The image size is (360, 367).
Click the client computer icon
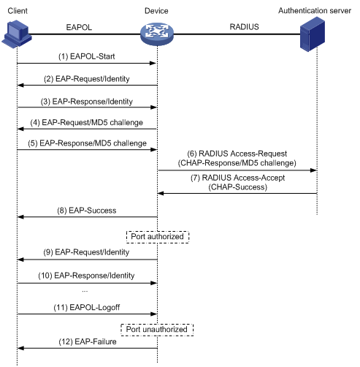point(17,34)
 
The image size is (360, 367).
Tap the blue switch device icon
point(157,34)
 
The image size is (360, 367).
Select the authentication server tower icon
point(313,34)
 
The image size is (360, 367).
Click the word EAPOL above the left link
point(79,27)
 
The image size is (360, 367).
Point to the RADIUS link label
point(244,27)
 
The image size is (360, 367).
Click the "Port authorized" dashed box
point(158,237)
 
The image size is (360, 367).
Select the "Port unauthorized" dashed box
point(157,330)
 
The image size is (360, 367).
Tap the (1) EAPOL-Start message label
point(87,56)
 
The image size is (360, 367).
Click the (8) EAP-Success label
point(87,211)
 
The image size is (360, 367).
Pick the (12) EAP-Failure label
point(88,341)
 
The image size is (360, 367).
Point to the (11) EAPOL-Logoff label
point(87,308)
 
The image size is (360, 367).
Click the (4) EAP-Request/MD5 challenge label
point(87,122)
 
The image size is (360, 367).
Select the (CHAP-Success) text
point(238,187)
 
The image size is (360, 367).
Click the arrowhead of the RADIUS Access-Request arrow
point(313,170)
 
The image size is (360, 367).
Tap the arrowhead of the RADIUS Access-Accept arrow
point(161,194)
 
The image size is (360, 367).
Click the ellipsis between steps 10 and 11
point(85,291)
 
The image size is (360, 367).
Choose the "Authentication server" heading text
point(315,11)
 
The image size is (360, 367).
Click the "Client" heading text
point(18,11)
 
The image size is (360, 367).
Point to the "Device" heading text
point(156,11)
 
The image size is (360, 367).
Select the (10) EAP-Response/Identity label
point(86,276)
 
